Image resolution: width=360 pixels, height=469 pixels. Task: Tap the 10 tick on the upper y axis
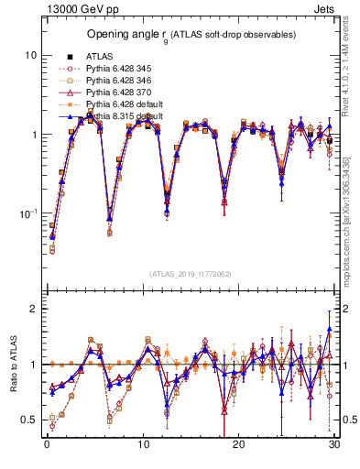click(30, 55)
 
